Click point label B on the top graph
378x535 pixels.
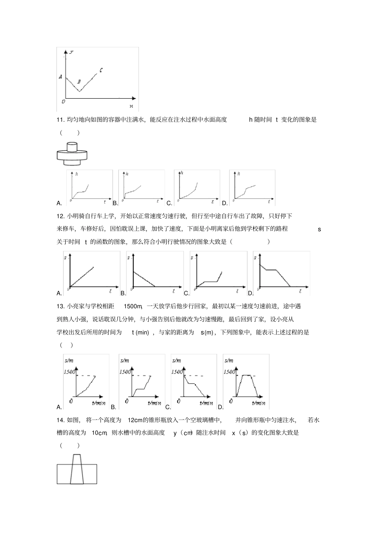point(79,82)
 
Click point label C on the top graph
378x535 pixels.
point(101,70)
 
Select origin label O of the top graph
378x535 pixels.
point(63,102)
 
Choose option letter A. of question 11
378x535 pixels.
point(59,203)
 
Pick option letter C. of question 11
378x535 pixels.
point(169,203)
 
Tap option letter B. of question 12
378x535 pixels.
point(123,294)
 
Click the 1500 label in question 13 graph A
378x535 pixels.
point(70,372)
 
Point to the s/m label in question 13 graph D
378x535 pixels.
point(229,361)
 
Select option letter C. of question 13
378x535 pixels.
point(168,407)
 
